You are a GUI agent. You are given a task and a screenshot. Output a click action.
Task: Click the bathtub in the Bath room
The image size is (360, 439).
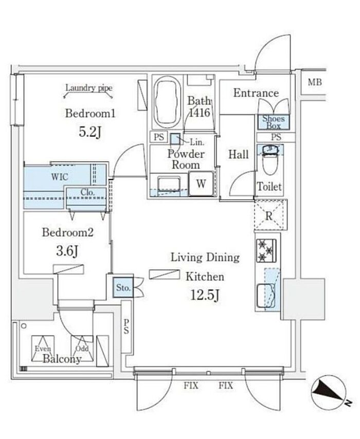click(166, 103)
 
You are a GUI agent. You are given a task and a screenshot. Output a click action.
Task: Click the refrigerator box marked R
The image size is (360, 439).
click(268, 216)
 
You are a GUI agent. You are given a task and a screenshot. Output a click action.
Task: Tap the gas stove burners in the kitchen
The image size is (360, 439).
click(266, 250)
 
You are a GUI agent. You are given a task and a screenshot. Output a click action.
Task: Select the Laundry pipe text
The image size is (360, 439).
click(88, 88)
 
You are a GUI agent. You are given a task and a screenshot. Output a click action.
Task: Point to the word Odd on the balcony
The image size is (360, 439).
click(83, 348)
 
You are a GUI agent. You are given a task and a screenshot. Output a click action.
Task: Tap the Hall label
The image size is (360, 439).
click(239, 154)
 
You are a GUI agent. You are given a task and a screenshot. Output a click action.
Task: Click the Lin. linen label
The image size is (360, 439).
click(195, 142)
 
